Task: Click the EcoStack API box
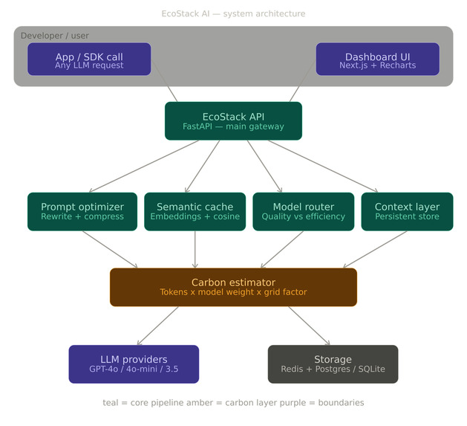click(x=233, y=120)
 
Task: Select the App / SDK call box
click(x=89, y=59)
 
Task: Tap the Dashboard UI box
click(x=377, y=59)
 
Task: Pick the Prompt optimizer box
click(x=82, y=211)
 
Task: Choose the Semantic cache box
click(x=195, y=211)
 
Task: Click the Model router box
click(x=303, y=211)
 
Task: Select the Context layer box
click(x=407, y=211)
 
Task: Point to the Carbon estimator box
click(x=233, y=287)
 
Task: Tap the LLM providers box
click(x=134, y=364)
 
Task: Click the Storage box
click(x=333, y=364)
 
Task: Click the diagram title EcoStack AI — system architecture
click(x=233, y=13)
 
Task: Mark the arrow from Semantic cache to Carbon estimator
click(x=195, y=249)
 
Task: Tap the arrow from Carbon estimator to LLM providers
click(x=156, y=325)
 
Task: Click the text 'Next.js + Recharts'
click(x=377, y=65)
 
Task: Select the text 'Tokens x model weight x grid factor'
click(x=233, y=292)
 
